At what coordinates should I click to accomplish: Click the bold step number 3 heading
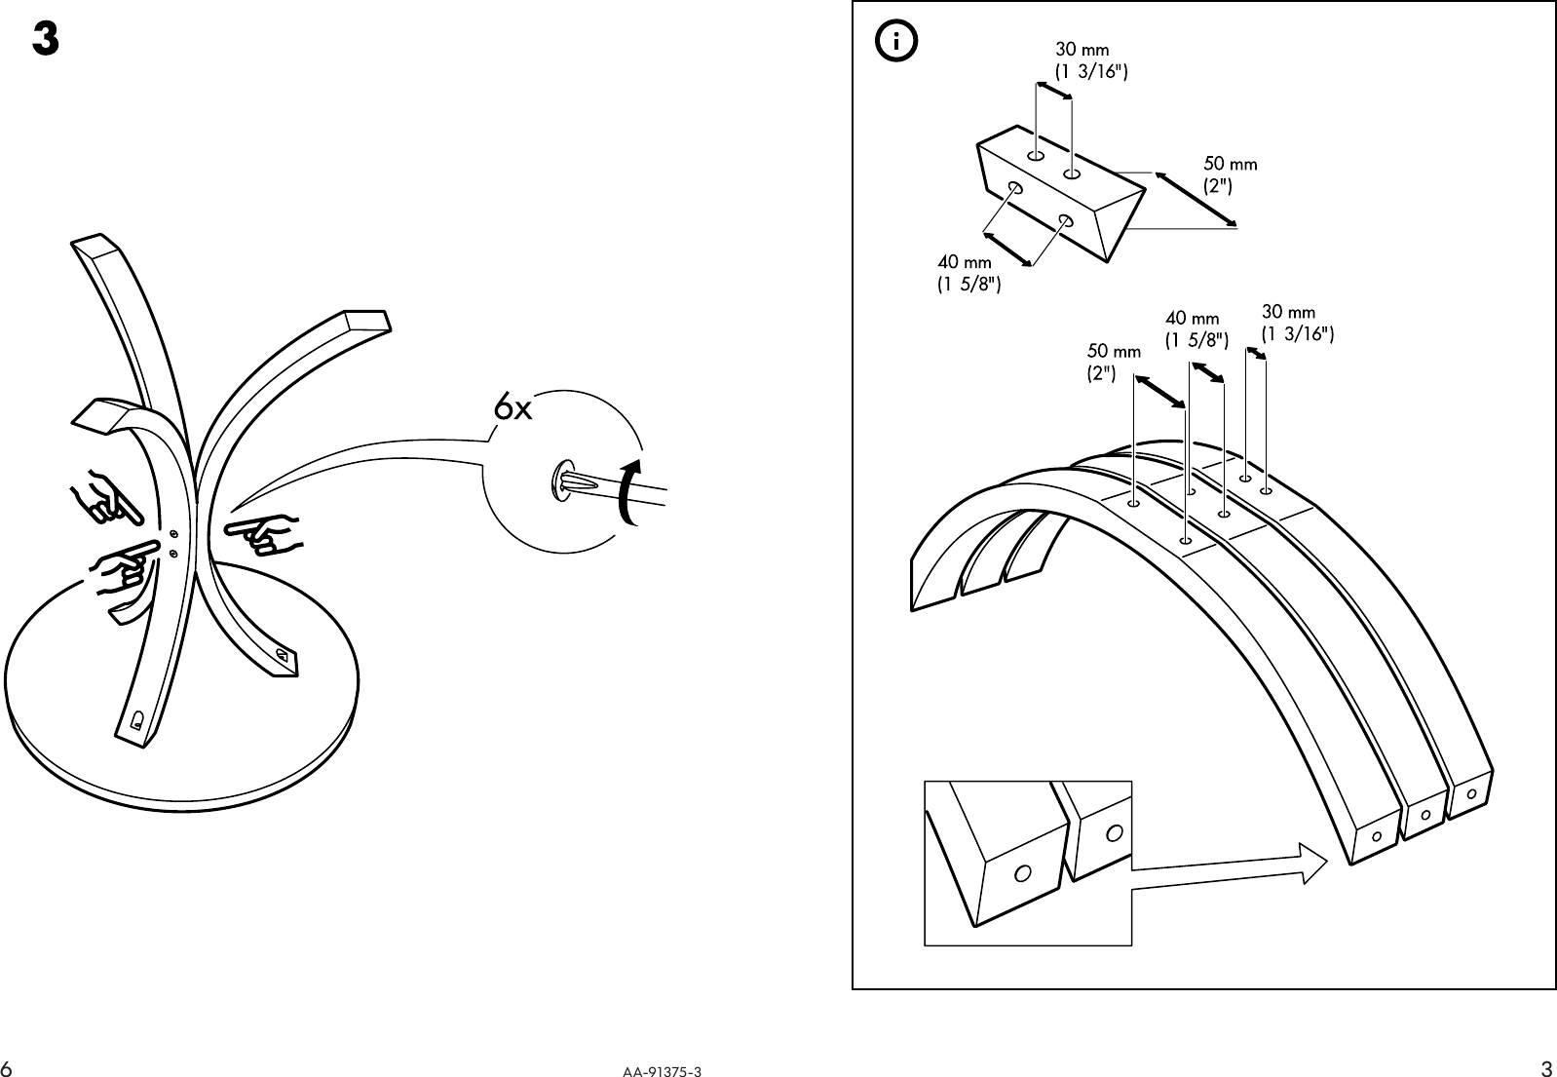click(x=45, y=40)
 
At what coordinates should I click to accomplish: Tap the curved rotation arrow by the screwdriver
click(x=629, y=490)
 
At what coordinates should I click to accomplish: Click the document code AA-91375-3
click(x=663, y=1070)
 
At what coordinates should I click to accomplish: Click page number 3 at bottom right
click(x=1546, y=1067)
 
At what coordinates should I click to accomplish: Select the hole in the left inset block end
click(x=1023, y=872)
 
